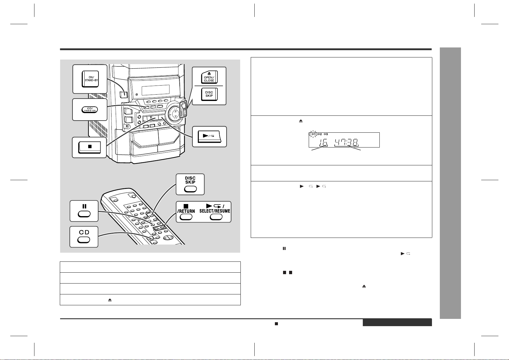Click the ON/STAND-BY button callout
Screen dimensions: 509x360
pyautogui.click(x=90, y=79)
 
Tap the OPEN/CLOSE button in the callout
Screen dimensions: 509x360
pyautogui.click(x=209, y=77)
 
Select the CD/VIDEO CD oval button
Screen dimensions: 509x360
pyautogui.click(x=90, y=110)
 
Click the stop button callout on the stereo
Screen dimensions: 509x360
pyautogui.click(x=89, y=147)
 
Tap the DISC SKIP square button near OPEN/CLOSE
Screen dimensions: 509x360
pyautogui.click(x=209, y=94)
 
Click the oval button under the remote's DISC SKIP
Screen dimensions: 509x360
pyautogui.click(x=190, y=189)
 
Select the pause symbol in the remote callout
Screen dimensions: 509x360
pyautogui.click(x=84, y=206)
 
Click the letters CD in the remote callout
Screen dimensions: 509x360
pyautogui.click(x=84, y=232)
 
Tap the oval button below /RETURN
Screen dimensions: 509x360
pyautogui.click(x=186, y=217)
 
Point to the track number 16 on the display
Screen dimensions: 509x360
pyautogui.click(x=323, y=143)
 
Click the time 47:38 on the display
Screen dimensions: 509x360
pyautogui.click(x=346, y=143)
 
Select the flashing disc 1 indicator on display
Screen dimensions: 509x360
pyautogui.click(x=313, y=134)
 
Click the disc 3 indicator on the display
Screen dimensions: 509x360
pyautogui.click(x=326, y=134)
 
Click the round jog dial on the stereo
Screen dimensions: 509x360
pyautogui.click(x=175, y=112)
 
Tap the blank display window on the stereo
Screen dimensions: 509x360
pyautogui.click(x=156, y=90)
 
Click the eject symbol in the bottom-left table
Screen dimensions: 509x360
pyautogui.click(x=110, y=300)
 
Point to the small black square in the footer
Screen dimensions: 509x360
pyautogui.click(x=276, y=324)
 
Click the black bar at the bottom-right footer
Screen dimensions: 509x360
pyautogui.click(x=397, y=323)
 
